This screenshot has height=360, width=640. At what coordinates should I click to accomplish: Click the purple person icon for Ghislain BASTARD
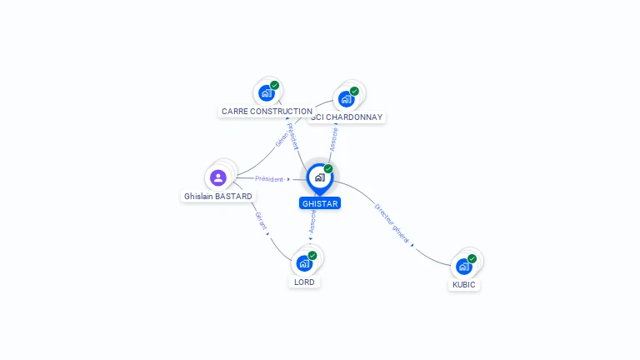218,177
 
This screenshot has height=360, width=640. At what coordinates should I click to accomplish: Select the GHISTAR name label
320,203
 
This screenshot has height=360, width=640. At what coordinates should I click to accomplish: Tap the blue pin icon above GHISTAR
319,177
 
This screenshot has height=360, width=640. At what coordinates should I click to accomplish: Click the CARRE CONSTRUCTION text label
267,111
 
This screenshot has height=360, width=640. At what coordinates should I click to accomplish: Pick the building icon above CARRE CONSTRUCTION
267,92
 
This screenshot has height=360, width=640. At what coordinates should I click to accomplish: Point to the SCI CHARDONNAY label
347,117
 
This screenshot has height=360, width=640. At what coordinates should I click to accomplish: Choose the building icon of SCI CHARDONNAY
346,99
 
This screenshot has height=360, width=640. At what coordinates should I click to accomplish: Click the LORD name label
304,282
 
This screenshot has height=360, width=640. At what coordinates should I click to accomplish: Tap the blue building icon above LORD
304,263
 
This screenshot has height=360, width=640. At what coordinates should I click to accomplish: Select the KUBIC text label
464,284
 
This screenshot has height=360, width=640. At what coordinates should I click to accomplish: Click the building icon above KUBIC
463,266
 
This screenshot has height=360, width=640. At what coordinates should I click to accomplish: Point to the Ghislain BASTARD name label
218,197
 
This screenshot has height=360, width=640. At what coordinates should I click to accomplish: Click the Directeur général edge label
392,223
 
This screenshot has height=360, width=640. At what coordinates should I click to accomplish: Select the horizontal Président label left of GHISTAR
269,179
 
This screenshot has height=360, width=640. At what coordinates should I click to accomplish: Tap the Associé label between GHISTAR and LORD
312,221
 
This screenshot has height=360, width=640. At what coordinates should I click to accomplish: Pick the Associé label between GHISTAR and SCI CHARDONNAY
334,139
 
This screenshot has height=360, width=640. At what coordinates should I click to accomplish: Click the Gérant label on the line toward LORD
261,221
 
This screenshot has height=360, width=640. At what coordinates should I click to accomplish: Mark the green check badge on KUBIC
472,258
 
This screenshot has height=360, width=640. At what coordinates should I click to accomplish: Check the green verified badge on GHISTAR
328,169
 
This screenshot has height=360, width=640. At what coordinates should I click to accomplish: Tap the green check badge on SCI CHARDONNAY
354,92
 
